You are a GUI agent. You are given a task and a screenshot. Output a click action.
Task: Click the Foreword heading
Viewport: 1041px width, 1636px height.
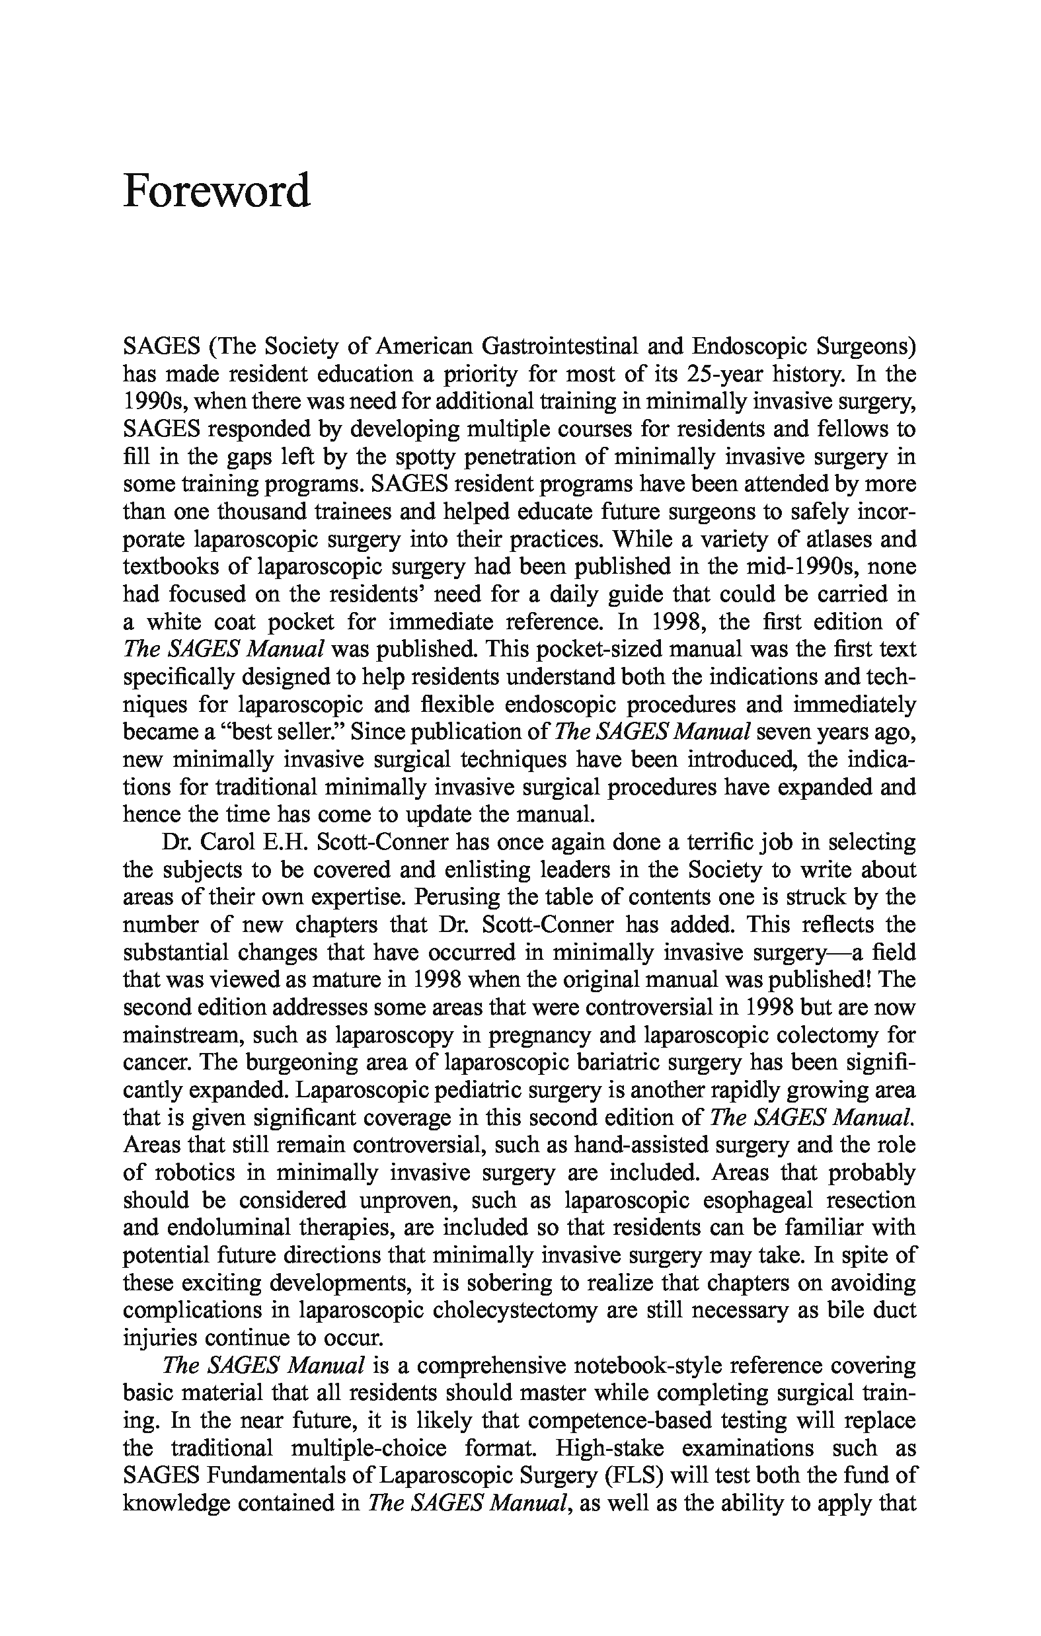click(x=216, y=192)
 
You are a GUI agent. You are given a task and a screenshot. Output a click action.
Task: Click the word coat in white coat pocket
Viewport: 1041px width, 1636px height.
click(x=237, y=622)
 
